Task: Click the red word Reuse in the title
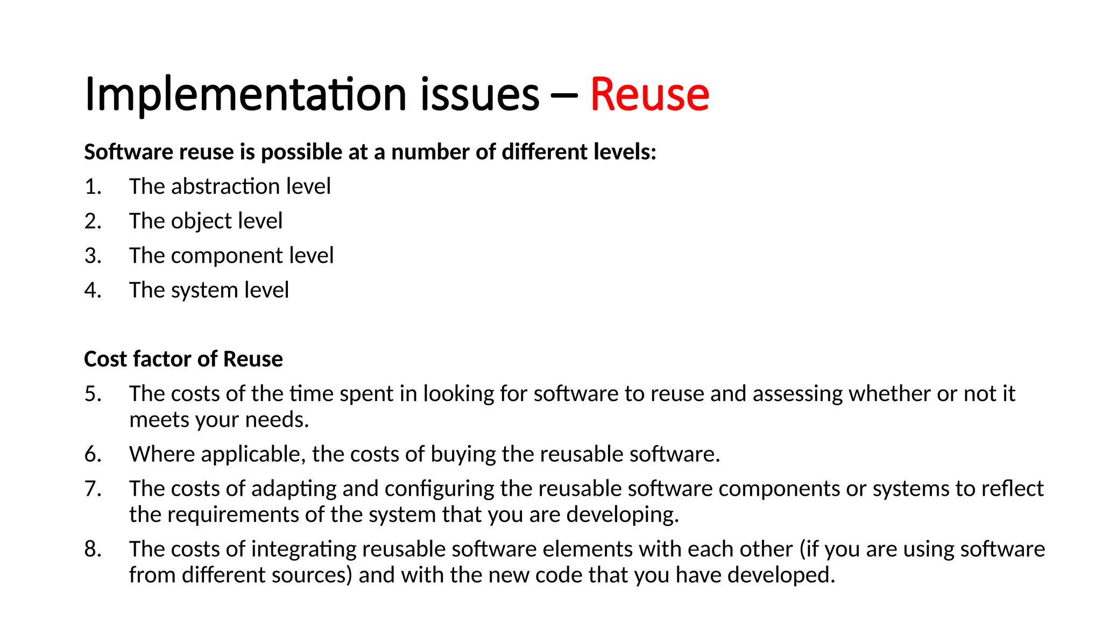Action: [649, 95]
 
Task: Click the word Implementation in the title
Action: [245, 95]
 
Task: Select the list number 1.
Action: [93, 187]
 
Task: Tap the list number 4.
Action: [93, 290]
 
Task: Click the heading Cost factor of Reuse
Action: [183, 359]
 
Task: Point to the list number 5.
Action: [93, 394]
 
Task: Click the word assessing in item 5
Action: [797, 394]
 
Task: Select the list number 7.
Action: [93, 489]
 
